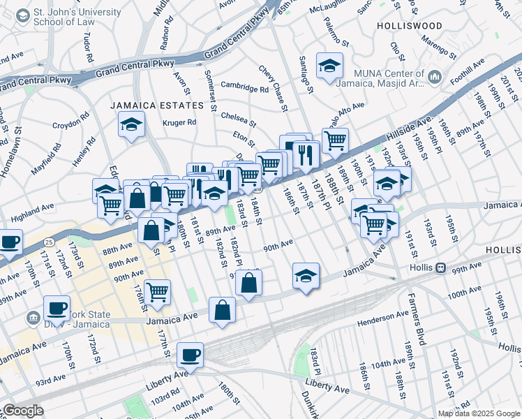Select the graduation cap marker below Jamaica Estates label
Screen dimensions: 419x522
coord(130,126)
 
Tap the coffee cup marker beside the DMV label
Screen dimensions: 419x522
coord(57,308)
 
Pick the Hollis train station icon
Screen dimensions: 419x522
coord(440,268)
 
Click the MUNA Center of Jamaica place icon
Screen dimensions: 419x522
coord(433,75)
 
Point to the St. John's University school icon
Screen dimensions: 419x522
coord(22,15)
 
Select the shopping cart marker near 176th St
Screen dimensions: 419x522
coord(158,292)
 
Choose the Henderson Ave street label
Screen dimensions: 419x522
coord(382,322)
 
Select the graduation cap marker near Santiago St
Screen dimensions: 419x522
coord(329,66)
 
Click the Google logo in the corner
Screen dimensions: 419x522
coord(23,411)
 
